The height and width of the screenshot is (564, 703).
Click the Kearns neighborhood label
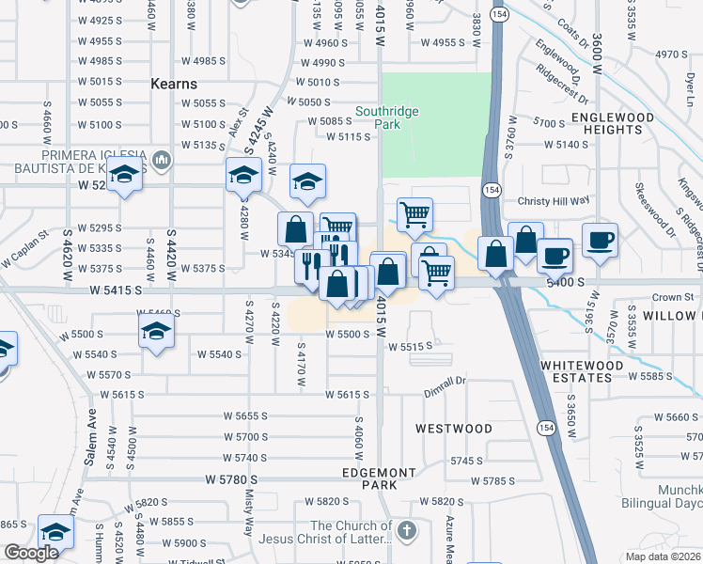[x=174, y=84]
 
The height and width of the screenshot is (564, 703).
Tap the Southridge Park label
[x=386, y=117]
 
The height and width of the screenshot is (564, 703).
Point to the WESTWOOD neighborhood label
[x=454, y=429]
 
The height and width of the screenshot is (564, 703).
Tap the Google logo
[x=30, y=553]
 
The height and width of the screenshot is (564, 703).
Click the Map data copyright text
[x=664, y=556]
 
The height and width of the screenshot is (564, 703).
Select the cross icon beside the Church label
[x=406, y=532]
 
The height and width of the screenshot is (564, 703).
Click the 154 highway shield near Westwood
[x=545, y=428]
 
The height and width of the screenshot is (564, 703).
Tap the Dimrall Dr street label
[x=445, y=381]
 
